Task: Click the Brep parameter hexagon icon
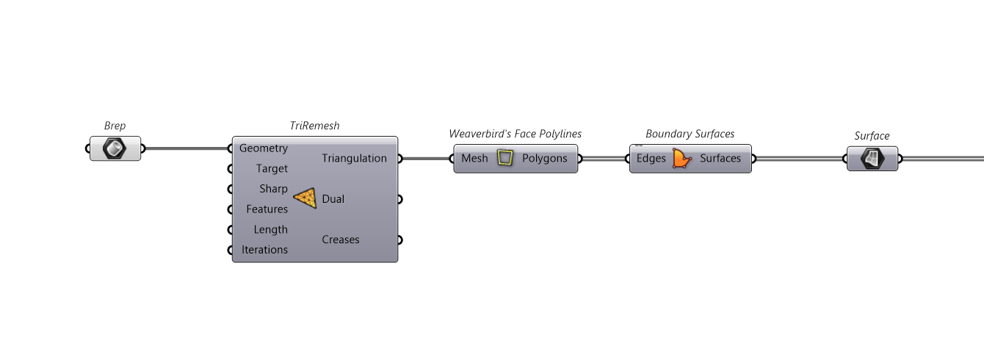point(115,149)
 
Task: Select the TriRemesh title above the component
point(315,126)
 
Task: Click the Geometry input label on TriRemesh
point(264,148)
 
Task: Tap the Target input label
point(272,168)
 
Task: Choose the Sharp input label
point(273,189)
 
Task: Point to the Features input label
point(267,209)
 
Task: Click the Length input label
point(271,229)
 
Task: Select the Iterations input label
point(264,250)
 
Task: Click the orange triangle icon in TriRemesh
point(305,198)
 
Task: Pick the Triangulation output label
point(354,158)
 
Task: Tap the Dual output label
point(333,199)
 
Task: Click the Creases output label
point(341,240)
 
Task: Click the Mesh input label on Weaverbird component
point(474,158)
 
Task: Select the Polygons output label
point(544,158)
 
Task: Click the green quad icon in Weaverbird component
point(504,158)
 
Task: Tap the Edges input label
point(651,158)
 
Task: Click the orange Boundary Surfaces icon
point(682,158)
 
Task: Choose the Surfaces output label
point(720,158)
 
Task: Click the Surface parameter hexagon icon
point(872,158)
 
